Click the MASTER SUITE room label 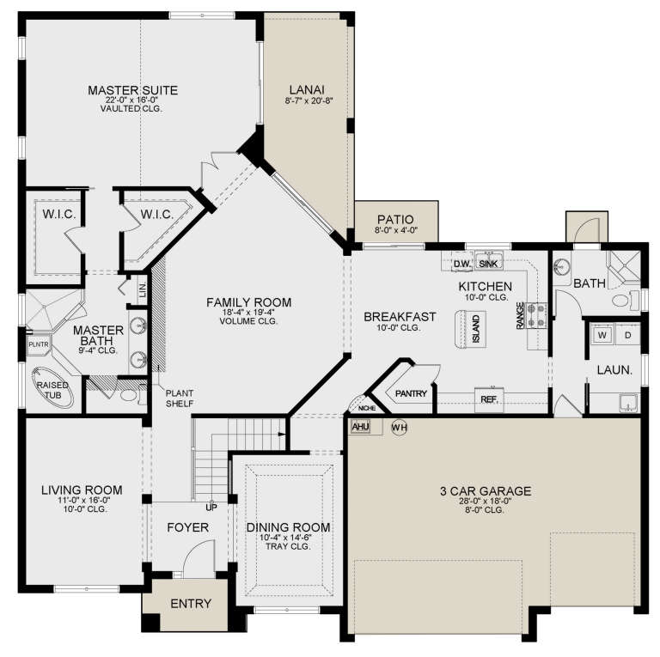click(x=132, y=89)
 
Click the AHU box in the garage click(x=361, y=426)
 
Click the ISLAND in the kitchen click(x=475, y=327)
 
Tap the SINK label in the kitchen click(x=488, y=264)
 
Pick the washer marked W click(x=602, y=334)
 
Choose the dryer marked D click(x=627, y=334)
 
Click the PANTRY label click(x=411, y=393)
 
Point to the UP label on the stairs click(x=210, y=507)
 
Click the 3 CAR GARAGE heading click(x=486, y=491)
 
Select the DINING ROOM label click(x=288, y=527)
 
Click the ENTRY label click(x=190, y=604)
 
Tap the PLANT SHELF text click(x=180, y=398)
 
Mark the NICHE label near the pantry click(x=366, y=409)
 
